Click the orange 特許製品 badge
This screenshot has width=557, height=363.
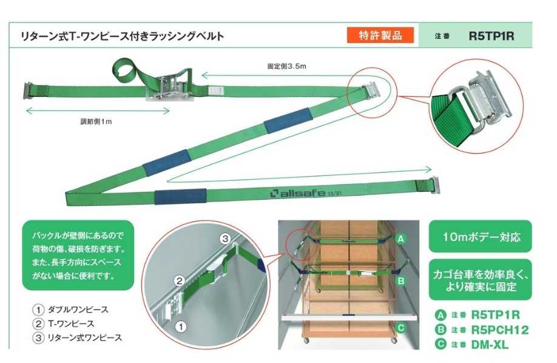[380, 35]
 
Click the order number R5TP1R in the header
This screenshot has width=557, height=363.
[491, 36]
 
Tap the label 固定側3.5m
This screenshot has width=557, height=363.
[287, 66]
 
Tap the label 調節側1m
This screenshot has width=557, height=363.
[96, 121]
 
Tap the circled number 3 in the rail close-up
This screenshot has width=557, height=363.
[224, 237]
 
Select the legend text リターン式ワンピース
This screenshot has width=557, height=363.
[87, 338]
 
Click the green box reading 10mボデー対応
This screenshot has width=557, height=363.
[477, 236]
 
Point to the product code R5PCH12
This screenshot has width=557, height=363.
[498, 330]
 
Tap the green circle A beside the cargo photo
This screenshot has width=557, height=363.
[400, 239]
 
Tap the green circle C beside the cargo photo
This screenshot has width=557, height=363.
[400, 328]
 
